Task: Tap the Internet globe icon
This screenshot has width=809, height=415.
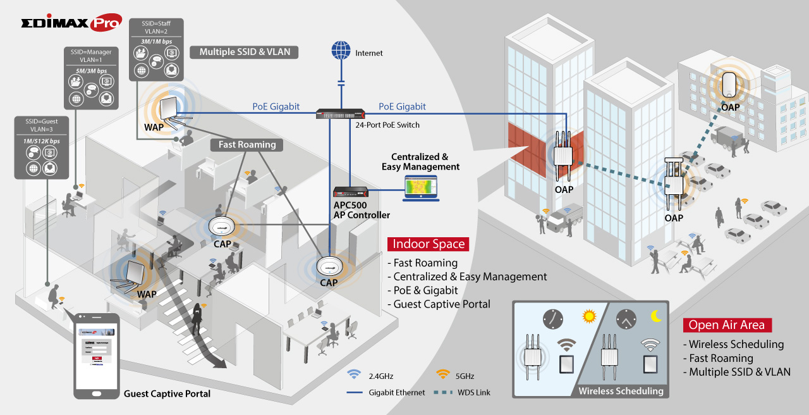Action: click(x=341, y=51)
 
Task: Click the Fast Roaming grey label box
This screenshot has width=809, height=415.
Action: click(x=247, y=145)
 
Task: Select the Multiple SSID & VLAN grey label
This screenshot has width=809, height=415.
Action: click(x=245, y=52)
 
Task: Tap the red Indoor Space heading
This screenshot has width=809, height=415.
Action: click(x=428, y=244)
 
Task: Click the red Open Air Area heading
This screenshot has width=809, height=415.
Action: click(x=726, y=325)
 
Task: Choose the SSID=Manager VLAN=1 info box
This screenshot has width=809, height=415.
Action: click(x=90, y=77)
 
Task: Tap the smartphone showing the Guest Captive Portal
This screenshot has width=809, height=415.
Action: click(x=97, y=355)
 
